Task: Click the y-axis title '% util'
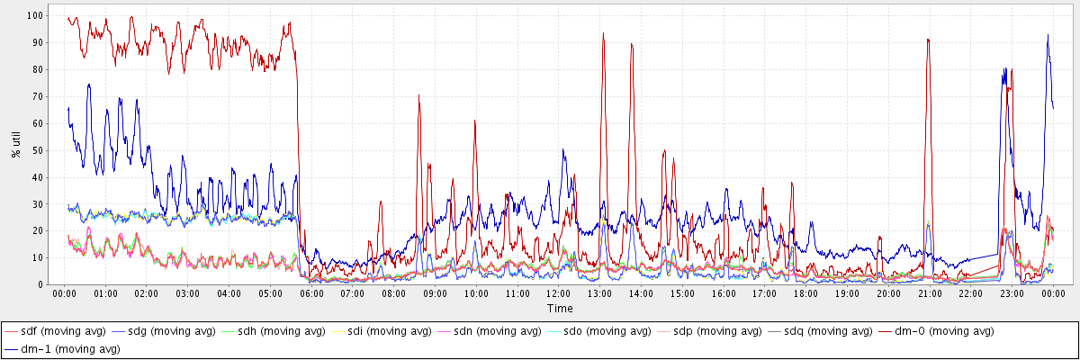pos(15,145)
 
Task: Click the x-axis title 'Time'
pos(559,309)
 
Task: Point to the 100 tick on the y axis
pos(39,16)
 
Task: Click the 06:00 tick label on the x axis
pos(311,293)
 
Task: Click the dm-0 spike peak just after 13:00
pos(603,33)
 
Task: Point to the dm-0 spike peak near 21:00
pos(927,40)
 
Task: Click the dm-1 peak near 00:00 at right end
pos(1048,35)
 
